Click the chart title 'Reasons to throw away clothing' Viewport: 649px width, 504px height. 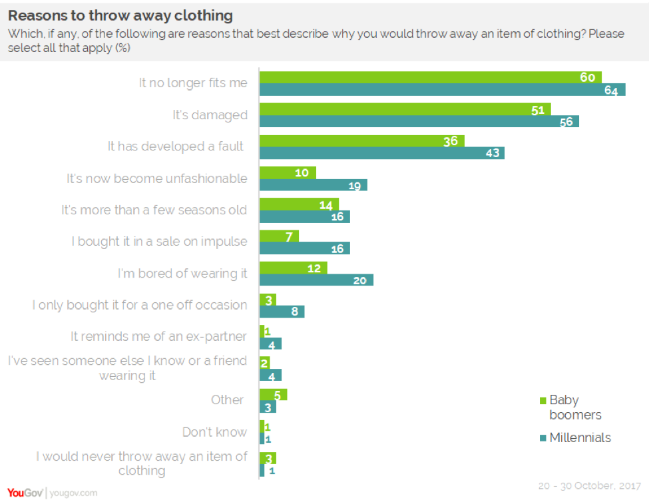pos(120,15)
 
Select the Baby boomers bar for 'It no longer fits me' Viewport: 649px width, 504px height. pos(429,77)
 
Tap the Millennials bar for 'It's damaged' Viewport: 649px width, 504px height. pos(419,121)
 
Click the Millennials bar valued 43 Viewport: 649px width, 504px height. pos(381,153)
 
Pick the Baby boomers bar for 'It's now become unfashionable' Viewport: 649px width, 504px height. pos(287,172)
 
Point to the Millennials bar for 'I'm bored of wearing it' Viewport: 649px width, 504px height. pos(316,280)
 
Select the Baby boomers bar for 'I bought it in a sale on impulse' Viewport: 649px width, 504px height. pos(278,236)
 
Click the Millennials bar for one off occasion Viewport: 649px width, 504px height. pos(282,312)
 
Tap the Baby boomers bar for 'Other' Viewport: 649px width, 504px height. pos(273,395)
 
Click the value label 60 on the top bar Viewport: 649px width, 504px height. pos(587,77)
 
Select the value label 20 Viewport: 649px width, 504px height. pos(359,280)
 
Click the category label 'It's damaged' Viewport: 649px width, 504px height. pos(210,115)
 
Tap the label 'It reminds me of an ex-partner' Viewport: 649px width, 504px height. pos(158,337)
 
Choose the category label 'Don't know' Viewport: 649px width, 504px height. pos(214,432)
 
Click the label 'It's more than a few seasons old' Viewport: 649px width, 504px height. pos(154,210)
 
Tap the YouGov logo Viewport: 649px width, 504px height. pos(25,493)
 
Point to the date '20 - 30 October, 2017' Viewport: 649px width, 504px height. pos(589,486)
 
